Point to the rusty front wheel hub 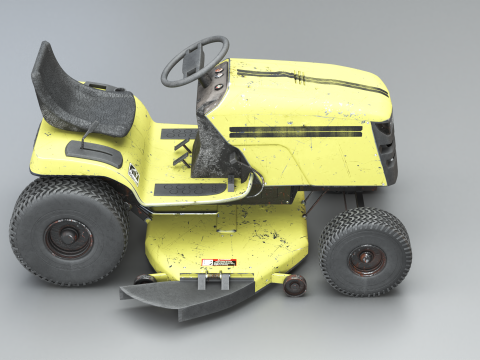tap(365, 258)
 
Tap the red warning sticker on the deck tap(217, 264)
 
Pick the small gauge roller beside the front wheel tap(295, 286)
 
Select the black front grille tap(388, 150)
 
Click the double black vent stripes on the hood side tap(296, 131)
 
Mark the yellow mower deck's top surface tap(230, 235)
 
